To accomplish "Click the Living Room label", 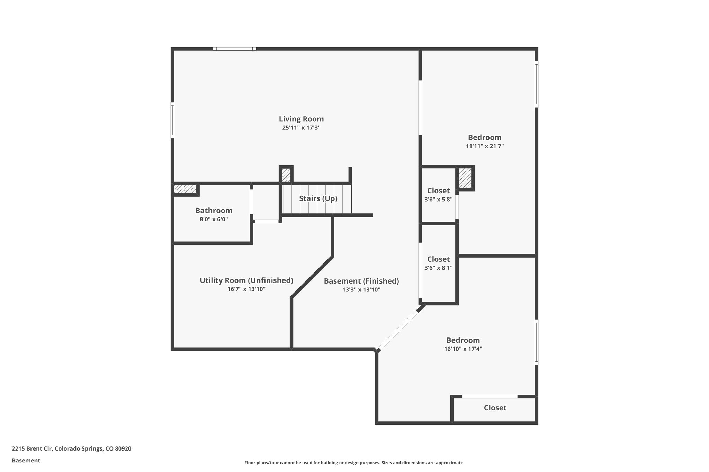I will [x=301, y=119].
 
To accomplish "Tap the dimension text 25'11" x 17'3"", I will [x=301, y=128].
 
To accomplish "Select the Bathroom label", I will [x=214, y=211].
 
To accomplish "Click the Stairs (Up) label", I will [x=318, y=198].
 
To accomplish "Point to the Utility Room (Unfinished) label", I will [x=246, y=280].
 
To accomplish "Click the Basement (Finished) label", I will [x=361, y=281].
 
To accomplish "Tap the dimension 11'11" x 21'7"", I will [x=484, y=146].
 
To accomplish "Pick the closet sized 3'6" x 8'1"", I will [x=438, y=263].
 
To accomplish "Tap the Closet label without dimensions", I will [x=495, y=408].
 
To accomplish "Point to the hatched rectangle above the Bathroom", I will [x=185, y=189].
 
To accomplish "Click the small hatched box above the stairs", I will [x=286, y=175].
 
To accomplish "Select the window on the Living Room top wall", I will [x=234, y=49].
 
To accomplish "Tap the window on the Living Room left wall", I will [x=172, y=120].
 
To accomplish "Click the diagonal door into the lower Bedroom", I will [x=398, y=330].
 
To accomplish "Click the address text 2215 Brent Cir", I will [x=71, y=449].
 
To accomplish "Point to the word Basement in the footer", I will [x=26, y=461].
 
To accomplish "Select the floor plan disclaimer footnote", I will [x=354, y=463].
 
